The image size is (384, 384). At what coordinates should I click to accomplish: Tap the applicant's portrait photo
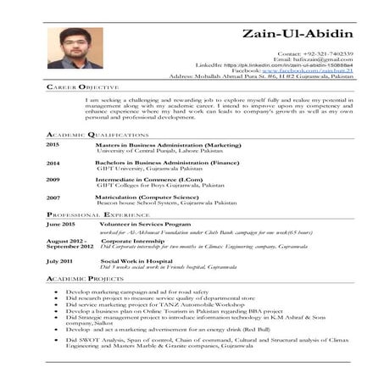click(x=75, y=47)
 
